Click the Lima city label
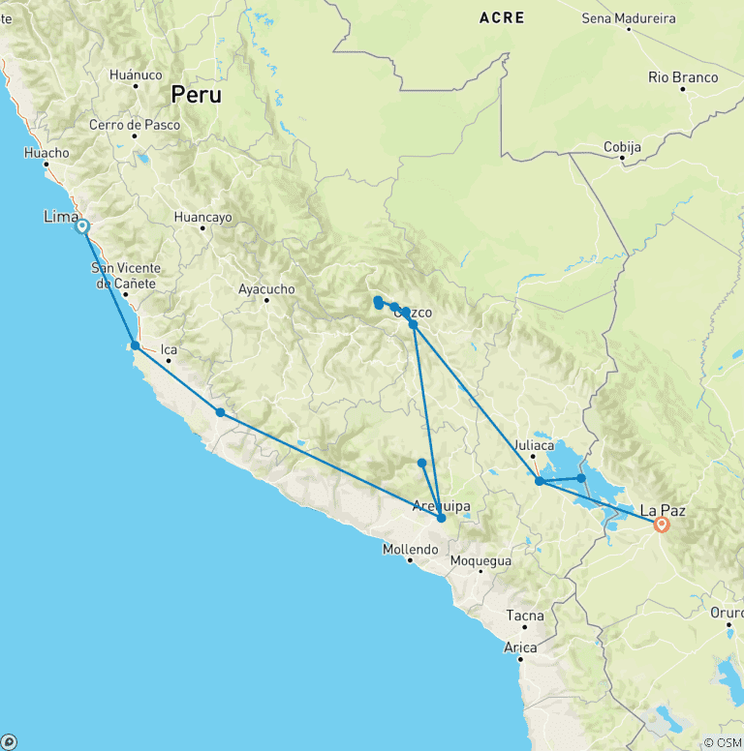[x=61, y=217]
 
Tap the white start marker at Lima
[x=82, y=226]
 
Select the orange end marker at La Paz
[x=662, y=525]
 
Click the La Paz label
[x=663, y=508]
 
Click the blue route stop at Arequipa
[x=441, y=518]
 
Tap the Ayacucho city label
[x=266, y=288]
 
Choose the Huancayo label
[x=202, y=218]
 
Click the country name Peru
[x=196, y=95]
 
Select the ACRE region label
[x=502, y=17]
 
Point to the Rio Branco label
[x=683, y=77]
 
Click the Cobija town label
[x=623, y=146]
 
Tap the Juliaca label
[x=535, y=445]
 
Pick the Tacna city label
[x=525, y=616]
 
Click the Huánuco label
[x=136, y=74]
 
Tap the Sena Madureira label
[x=629, y=17]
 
